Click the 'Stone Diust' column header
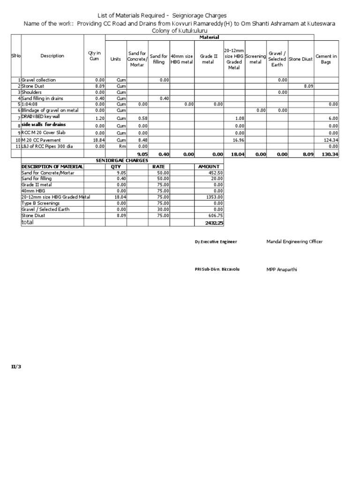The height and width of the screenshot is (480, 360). tap(301, 60)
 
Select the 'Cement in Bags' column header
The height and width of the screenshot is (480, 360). tap(326, 60)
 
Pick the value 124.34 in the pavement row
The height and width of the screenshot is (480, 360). tap(330, 140)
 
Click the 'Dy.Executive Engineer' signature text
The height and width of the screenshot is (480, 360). tap(216, 242)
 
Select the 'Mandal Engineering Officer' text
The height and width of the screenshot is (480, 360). tap(294, 242)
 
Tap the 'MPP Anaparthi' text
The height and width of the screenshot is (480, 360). tap(282, 270)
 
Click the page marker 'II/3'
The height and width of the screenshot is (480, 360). tap(16, 367)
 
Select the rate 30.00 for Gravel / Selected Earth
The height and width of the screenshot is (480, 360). tap(163, 210)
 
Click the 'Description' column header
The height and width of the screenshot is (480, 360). tap(52, 56)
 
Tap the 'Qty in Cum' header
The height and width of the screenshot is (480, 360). tap(94, 56)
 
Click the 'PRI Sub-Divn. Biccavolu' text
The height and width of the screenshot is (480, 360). tap(214, 270)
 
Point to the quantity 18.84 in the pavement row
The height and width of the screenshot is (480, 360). tap(99, 140)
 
